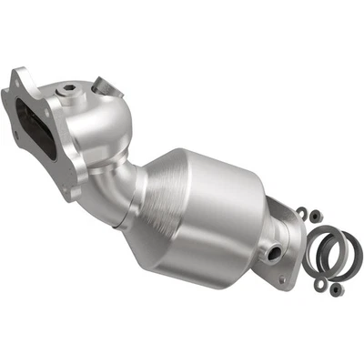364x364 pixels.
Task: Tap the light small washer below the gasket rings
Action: click(x=319, y=285)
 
